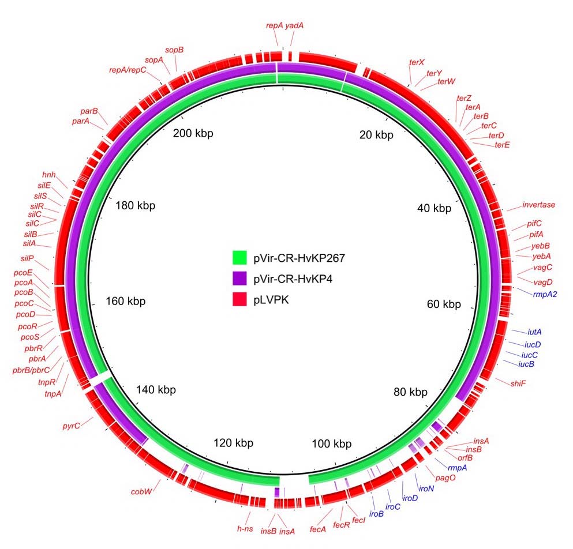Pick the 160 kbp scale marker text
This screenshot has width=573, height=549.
point(126,301)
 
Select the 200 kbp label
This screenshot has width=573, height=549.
point(193,133)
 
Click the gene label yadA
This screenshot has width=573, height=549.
point(294,26)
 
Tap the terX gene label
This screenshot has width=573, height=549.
point(417,62)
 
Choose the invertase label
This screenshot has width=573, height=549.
point(538,205)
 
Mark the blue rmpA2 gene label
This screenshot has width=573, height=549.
point(549,294)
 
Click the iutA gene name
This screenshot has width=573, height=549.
point(534,332)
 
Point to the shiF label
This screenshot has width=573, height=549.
point(518,383)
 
